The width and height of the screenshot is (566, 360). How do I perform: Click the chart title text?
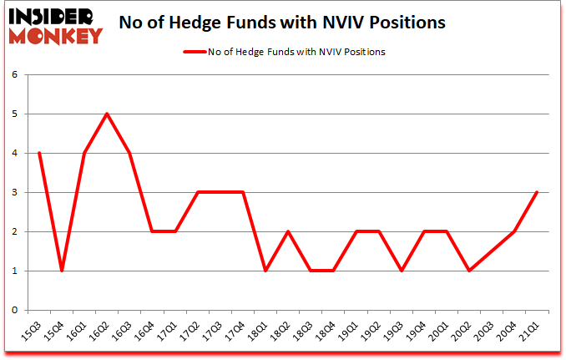(x=282, y=23)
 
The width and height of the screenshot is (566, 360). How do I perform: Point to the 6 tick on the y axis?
(x=14, y=74)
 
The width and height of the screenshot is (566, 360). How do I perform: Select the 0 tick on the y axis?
(x=14, y=310)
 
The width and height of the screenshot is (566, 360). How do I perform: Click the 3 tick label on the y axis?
(x=14, y=192)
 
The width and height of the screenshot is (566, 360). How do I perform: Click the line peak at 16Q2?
(x=107, y=114)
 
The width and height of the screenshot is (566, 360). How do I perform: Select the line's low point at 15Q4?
(x=62, y=271)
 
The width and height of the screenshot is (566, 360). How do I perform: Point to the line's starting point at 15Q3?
(x=39, y=153)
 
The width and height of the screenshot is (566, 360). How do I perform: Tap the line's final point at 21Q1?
(x=537, y=192)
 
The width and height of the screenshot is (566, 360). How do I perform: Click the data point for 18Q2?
(x=288, y=231)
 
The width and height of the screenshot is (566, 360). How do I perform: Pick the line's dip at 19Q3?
(x=401, y=271)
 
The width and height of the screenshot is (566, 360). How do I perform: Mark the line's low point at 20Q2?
(x=469, y=271)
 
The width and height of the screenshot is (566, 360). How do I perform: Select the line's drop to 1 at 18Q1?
(x=265, y=271)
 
